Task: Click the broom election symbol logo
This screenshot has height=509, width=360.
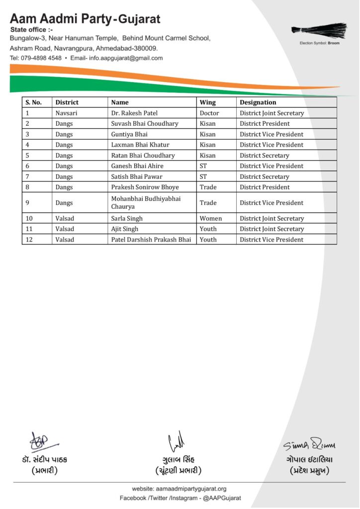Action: pyautogui.click(x=319, y=30)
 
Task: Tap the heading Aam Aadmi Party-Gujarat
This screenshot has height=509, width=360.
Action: pyautogui.click(x=85, y=19)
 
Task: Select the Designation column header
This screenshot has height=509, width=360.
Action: pyautogui.click(x=258, y=102)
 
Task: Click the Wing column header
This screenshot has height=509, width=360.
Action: pyautogui.click(x=208, y=102)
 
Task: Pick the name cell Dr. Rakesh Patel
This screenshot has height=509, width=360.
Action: pyautogui.click(x=134, y=113)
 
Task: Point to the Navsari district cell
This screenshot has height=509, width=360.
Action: pyautogui.click(x=66, y=113)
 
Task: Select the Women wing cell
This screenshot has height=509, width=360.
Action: pyautogui.click(x=211, y=219)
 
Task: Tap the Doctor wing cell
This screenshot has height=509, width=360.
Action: pyautogui.click(x=209, y=113)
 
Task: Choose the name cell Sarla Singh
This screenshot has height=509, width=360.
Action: pyautogui.click(x=127, y=219)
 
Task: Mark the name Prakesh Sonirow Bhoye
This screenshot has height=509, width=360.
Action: pyautogui.click(x=145, y=187)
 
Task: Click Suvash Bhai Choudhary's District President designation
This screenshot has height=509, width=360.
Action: pyautogui.click(x=265, y=124)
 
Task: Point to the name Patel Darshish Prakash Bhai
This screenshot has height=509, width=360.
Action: pyautogui.click(x=151, y=240)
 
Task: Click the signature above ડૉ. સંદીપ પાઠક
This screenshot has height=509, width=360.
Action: pyautogui.click(x=41, y=441)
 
